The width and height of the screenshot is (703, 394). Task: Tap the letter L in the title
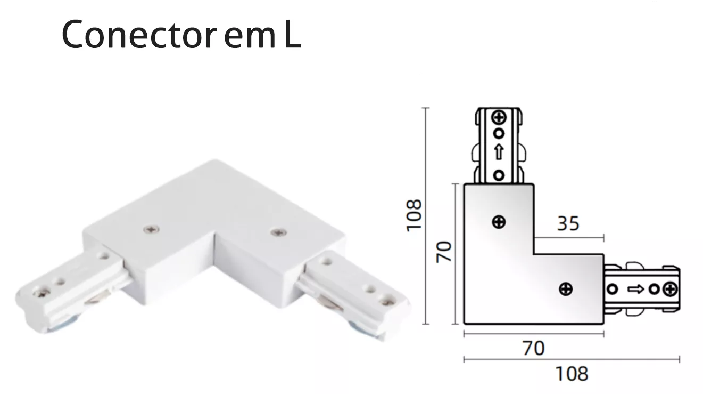293,34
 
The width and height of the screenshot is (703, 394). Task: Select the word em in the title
250,38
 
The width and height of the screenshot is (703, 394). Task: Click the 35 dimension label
568,223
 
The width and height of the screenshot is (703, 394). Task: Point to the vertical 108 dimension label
413,215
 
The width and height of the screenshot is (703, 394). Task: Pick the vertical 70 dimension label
444,252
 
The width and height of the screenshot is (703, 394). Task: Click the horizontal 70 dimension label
534,348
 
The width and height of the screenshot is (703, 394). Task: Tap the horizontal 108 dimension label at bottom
572,374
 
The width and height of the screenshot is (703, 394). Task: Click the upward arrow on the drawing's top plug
499,152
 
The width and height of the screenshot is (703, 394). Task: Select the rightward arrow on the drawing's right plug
635,290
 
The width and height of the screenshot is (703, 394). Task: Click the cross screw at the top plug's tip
499,118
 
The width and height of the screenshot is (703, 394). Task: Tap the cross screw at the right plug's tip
670,290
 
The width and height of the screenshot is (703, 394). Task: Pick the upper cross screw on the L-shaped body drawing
499,222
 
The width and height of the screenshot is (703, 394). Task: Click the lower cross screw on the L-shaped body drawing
566,289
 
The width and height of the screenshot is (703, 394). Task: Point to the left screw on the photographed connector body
151,230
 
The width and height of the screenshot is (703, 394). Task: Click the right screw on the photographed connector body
279,232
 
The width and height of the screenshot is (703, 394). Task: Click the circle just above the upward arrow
499,133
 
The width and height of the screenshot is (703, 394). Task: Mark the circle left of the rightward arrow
613,289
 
